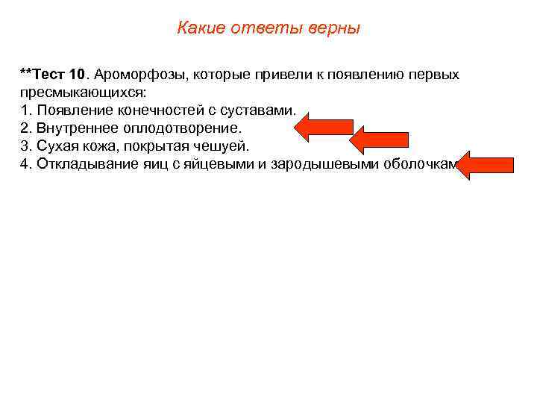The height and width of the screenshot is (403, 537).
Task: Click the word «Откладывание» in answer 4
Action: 81,163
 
